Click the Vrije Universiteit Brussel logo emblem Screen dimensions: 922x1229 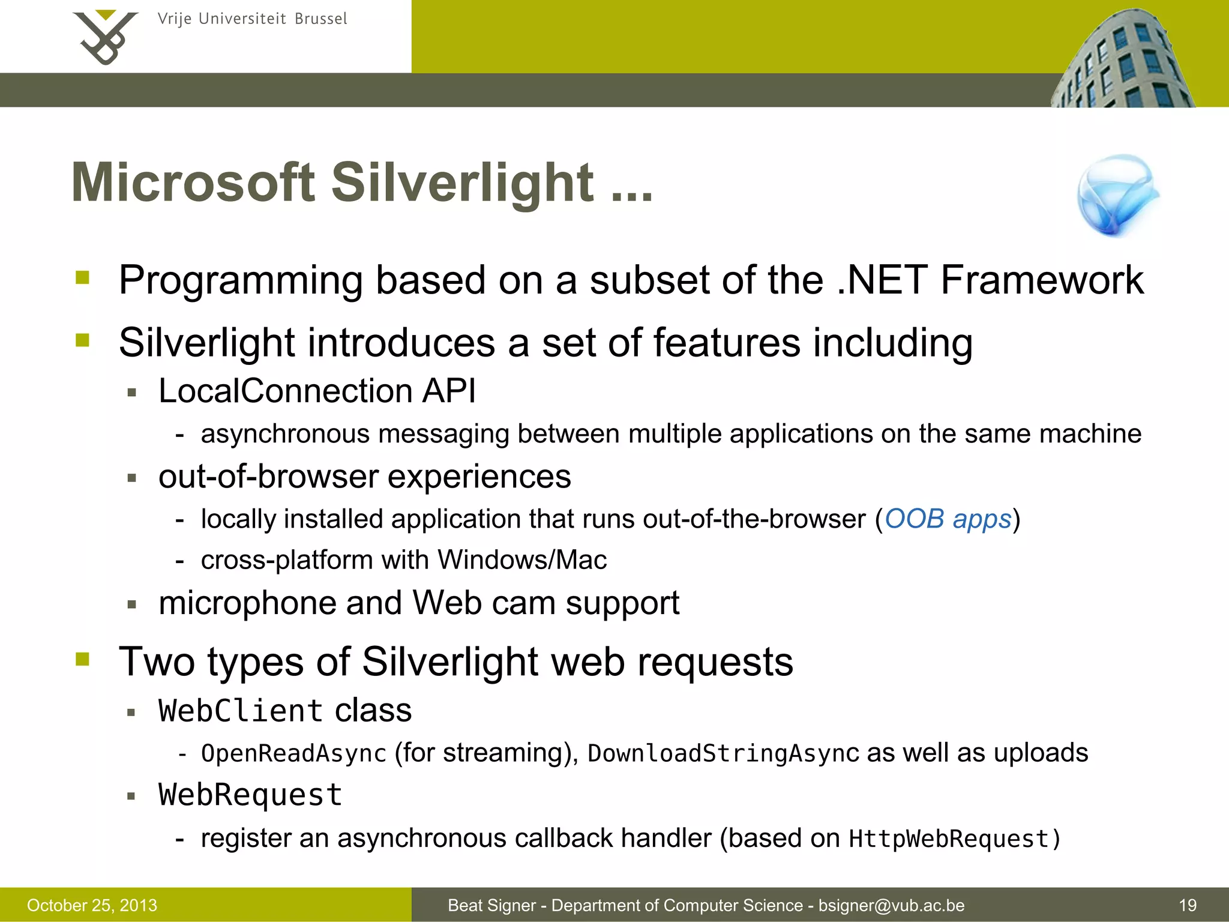tap(104, 37)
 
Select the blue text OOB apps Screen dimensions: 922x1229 tap(948, 519)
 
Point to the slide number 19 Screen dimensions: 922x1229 tap(1188, 905)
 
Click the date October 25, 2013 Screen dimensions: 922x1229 tap(92, 905)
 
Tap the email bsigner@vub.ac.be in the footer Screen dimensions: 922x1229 tap(891, 905)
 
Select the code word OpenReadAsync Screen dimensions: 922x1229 tap(293, 753)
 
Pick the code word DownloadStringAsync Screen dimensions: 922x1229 tap(723, 753)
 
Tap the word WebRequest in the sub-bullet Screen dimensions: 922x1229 tap(250, 795)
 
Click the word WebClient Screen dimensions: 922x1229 tap(241, 711)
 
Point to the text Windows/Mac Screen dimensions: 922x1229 tap(522, 560)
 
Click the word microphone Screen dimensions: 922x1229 tap(247, 603)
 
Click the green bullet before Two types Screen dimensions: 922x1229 tap(82, 660)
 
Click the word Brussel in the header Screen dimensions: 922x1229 tap(320, 19)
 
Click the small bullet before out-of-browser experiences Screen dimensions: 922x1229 tap(132, 478)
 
